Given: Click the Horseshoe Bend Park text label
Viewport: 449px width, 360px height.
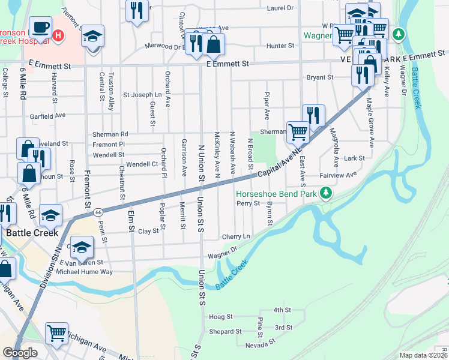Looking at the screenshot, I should coord(277,194).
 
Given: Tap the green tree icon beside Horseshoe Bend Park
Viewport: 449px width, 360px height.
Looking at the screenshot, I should coord(325,193).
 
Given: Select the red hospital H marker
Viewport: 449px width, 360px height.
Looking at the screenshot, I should coord(58,35).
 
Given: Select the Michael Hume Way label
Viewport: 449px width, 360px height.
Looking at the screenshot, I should coord(84,272).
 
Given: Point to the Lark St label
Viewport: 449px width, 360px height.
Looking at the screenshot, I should coord(355,158).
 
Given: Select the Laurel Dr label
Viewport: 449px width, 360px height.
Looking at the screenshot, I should coord(281,8).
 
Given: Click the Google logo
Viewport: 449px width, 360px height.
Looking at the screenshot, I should coord(20,352).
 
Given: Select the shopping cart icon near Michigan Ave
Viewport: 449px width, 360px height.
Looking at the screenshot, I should coord(56,332).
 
